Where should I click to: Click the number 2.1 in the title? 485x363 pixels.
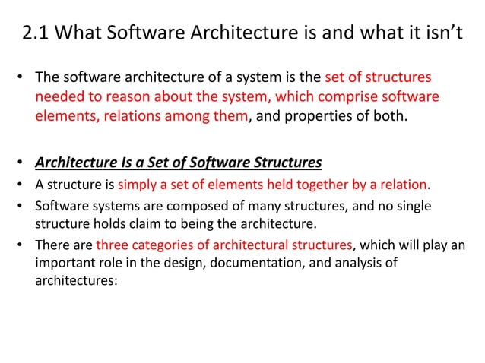tap(36, 34)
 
